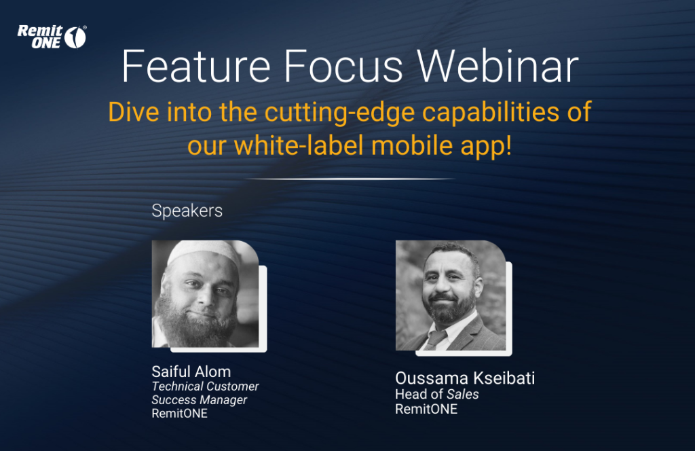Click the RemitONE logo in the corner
point(52,37)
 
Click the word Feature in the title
point(196,67)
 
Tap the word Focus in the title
point(343,67)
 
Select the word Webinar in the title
point(497,67)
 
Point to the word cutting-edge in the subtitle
point(339,113)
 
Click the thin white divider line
point(350,179)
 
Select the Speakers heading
point(187,211)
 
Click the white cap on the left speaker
point(204,252)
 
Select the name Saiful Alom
point(191,372)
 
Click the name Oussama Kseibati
point(464,378)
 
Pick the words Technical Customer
point(205,386)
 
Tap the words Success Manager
point(199,400)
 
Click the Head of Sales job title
point(436,394)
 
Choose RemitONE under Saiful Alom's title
point(179,414)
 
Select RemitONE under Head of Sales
point(426,409)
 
